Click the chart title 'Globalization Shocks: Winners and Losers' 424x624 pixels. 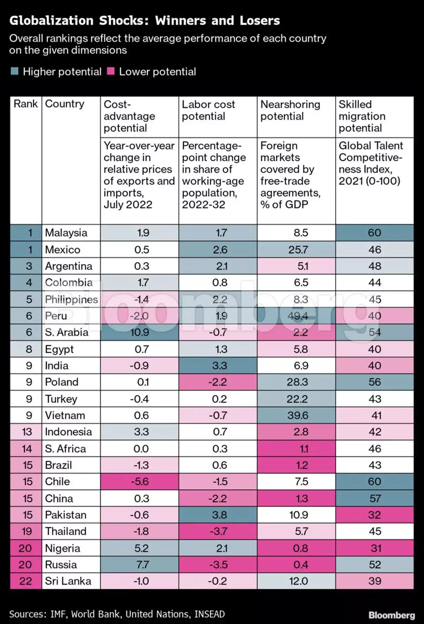click(145, 21)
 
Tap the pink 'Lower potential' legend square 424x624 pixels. click(111, 72)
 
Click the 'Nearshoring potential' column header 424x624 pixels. click(290, 110)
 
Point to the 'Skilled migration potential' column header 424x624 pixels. click(362, 116)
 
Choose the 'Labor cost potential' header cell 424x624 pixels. click(208, 110)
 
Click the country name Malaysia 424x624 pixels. click(66, 233)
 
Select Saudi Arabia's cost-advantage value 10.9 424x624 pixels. click(139, 332)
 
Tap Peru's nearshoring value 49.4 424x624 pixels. click(298, 316)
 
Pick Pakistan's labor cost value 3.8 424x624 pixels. click(219, 515)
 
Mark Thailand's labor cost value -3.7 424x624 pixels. click(218, 531)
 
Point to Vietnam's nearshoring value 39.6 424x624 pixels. click(298, 415)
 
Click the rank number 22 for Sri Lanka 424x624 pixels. click(25, 581)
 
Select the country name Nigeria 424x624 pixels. click(63, 548)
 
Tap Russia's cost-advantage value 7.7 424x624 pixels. click(142, 565)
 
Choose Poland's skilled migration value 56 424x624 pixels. click(375, 382)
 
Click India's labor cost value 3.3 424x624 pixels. click(219, 366)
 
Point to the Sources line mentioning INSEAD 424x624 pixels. click(117, 614)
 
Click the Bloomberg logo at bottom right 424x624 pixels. click(391, 615)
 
